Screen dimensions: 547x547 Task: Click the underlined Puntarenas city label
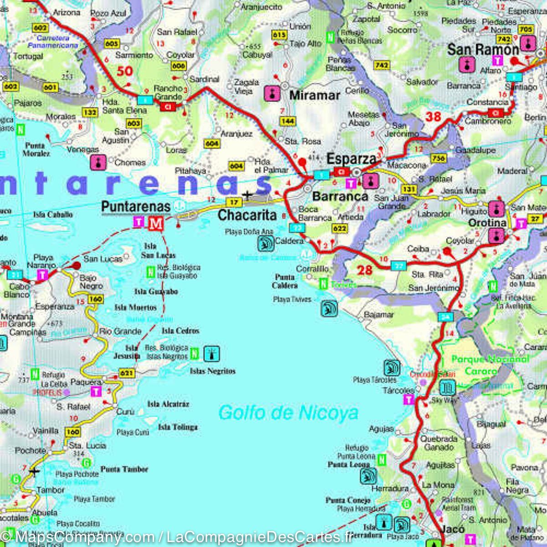click(x=135, y=206)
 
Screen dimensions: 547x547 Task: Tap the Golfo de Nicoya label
click(x=288, y=413)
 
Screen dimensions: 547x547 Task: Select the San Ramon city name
click(x=483, y=49)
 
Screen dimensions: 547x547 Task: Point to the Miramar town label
click(x=315, y=95)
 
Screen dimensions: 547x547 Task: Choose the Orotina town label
click(x=488, y=222)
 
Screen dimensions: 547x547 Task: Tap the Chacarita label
click(x=248, y=215)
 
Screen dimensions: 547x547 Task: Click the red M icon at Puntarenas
click(x=156, y=223)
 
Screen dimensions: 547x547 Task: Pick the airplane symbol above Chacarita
click(x=248, y=196)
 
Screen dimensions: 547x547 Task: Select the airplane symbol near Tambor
click(x=34, y=471)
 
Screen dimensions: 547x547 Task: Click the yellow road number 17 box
click(x=234, y=202)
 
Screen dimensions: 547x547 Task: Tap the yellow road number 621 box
click(x=127, y=373)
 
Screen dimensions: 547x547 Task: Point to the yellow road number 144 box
click(x=288, y=121)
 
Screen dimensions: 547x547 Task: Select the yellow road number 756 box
click(x=438, y=158)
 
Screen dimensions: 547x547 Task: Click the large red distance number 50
click(x=124, y=71)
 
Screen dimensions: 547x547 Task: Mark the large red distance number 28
click(x=365, y=270)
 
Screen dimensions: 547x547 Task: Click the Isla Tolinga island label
click(x=178, y=427)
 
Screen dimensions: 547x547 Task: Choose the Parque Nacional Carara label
click(x=490, y=365)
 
